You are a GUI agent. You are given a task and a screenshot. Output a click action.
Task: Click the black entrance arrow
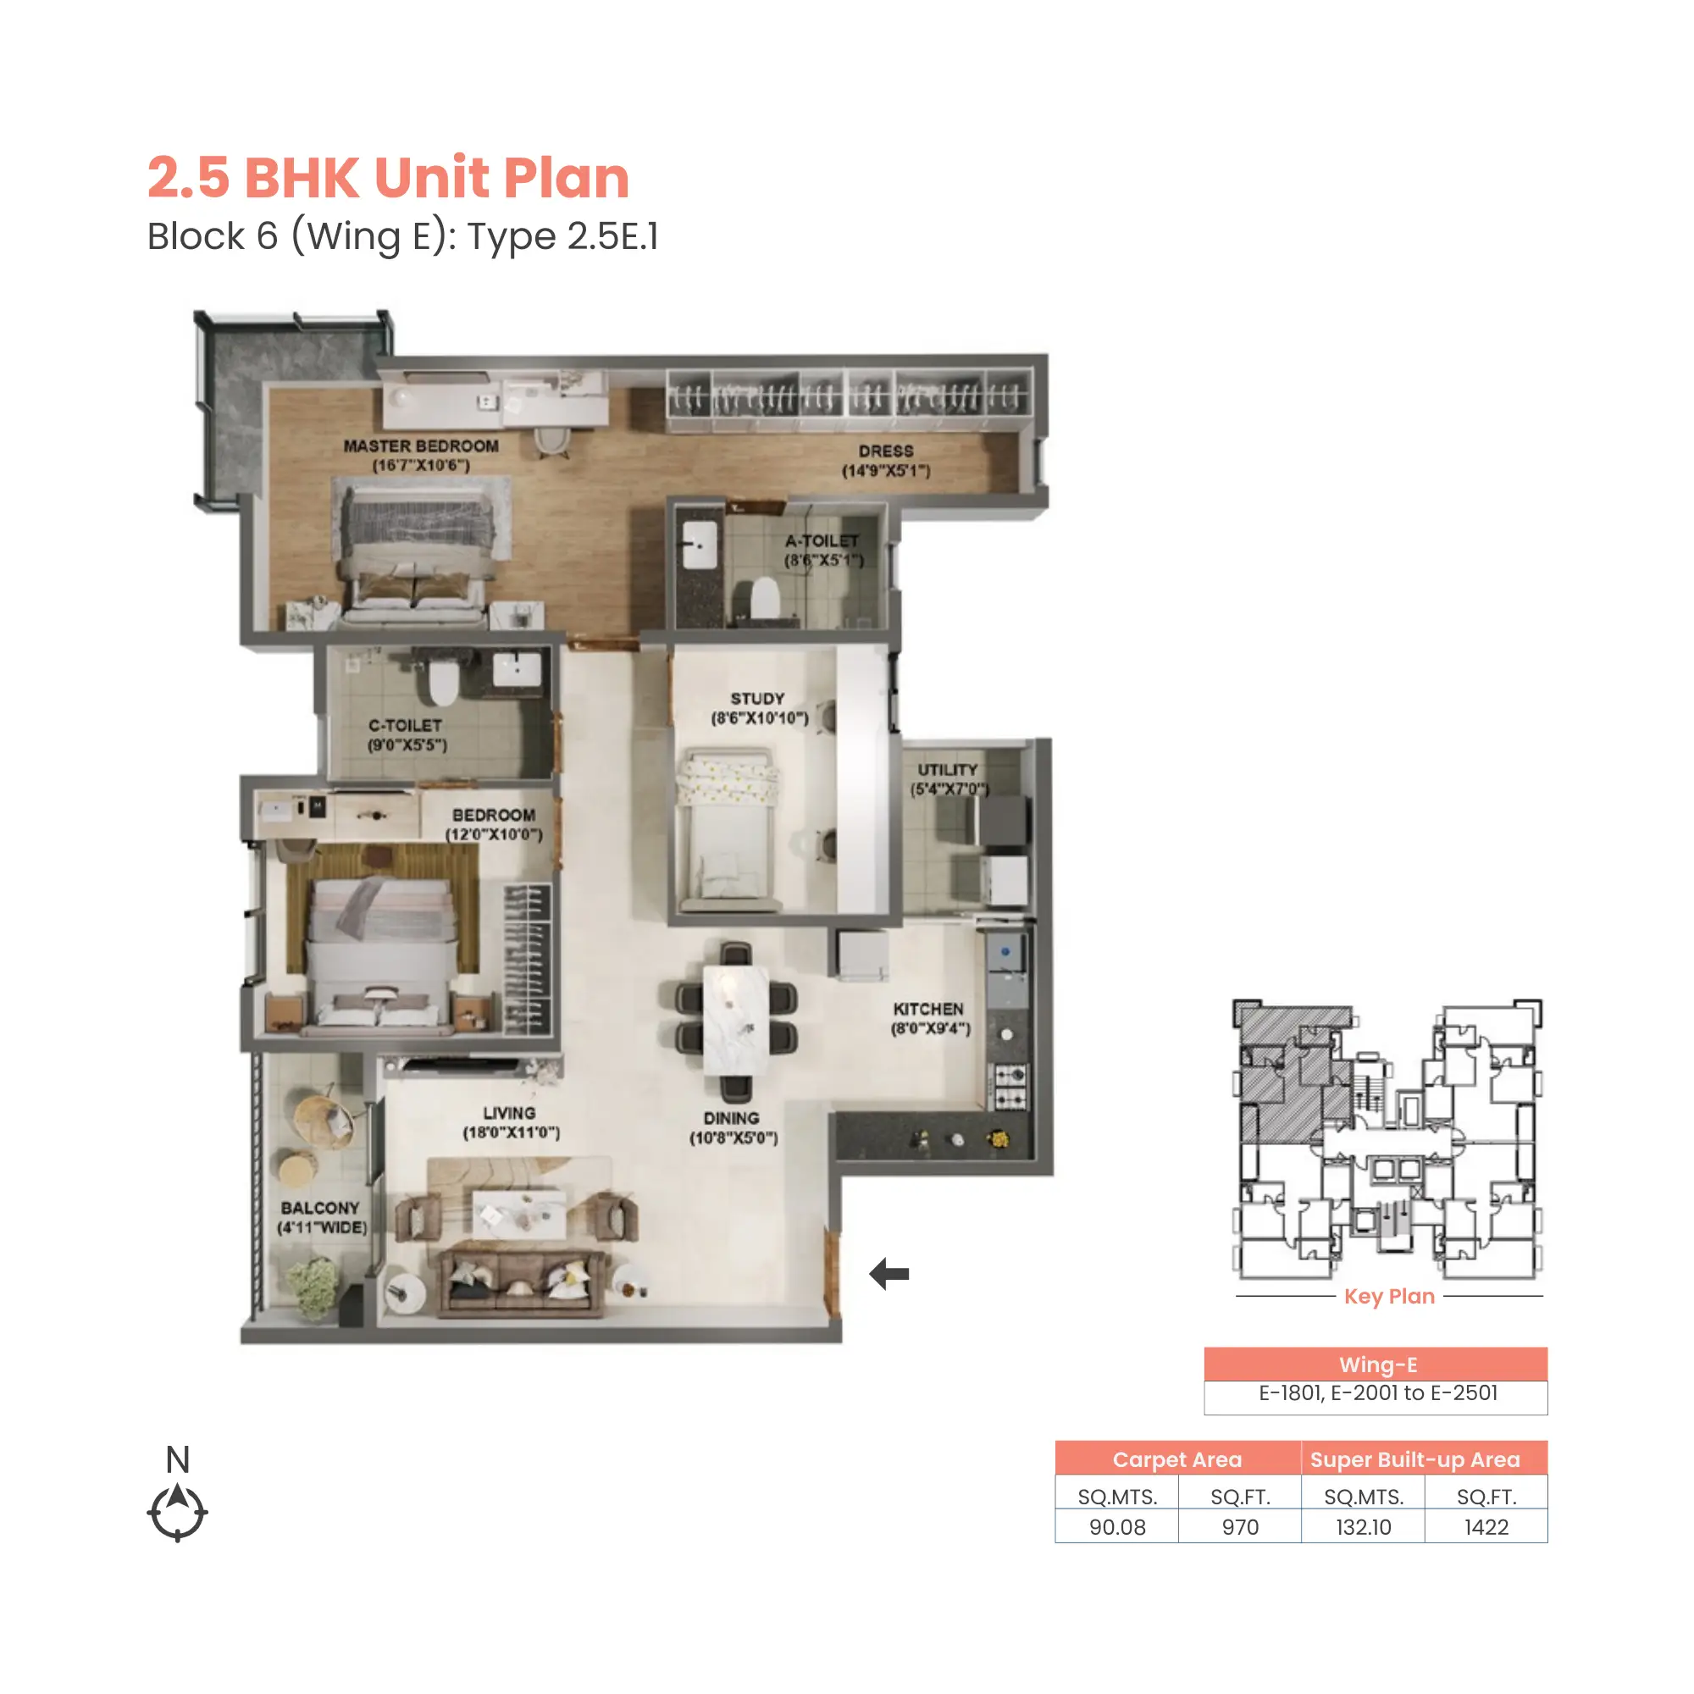[889, 1273]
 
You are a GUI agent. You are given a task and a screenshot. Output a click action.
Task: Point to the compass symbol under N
[177, 1512]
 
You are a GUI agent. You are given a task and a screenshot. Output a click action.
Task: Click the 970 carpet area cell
[1240, 1527]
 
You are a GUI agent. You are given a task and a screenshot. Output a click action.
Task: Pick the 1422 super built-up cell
[1486, 1527]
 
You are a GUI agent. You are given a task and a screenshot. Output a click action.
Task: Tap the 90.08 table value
[1117, 1527]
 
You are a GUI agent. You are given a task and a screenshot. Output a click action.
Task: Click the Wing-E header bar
[1376, 1365]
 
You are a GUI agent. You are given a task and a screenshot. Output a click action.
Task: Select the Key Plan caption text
[1389, 1296]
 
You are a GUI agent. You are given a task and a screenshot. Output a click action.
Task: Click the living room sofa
[522, 1282]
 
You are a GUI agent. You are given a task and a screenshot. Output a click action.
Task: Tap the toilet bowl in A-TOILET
[766, 598]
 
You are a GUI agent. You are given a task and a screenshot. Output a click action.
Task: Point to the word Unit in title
[431, 178]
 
